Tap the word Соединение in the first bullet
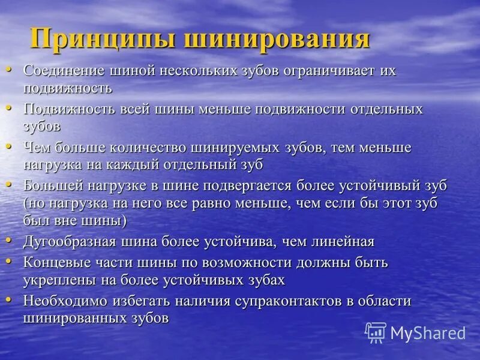point(64,71)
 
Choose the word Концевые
point(55,263)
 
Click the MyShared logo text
point(428,332)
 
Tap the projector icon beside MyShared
point(376,332)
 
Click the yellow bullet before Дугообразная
point(9,240)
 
